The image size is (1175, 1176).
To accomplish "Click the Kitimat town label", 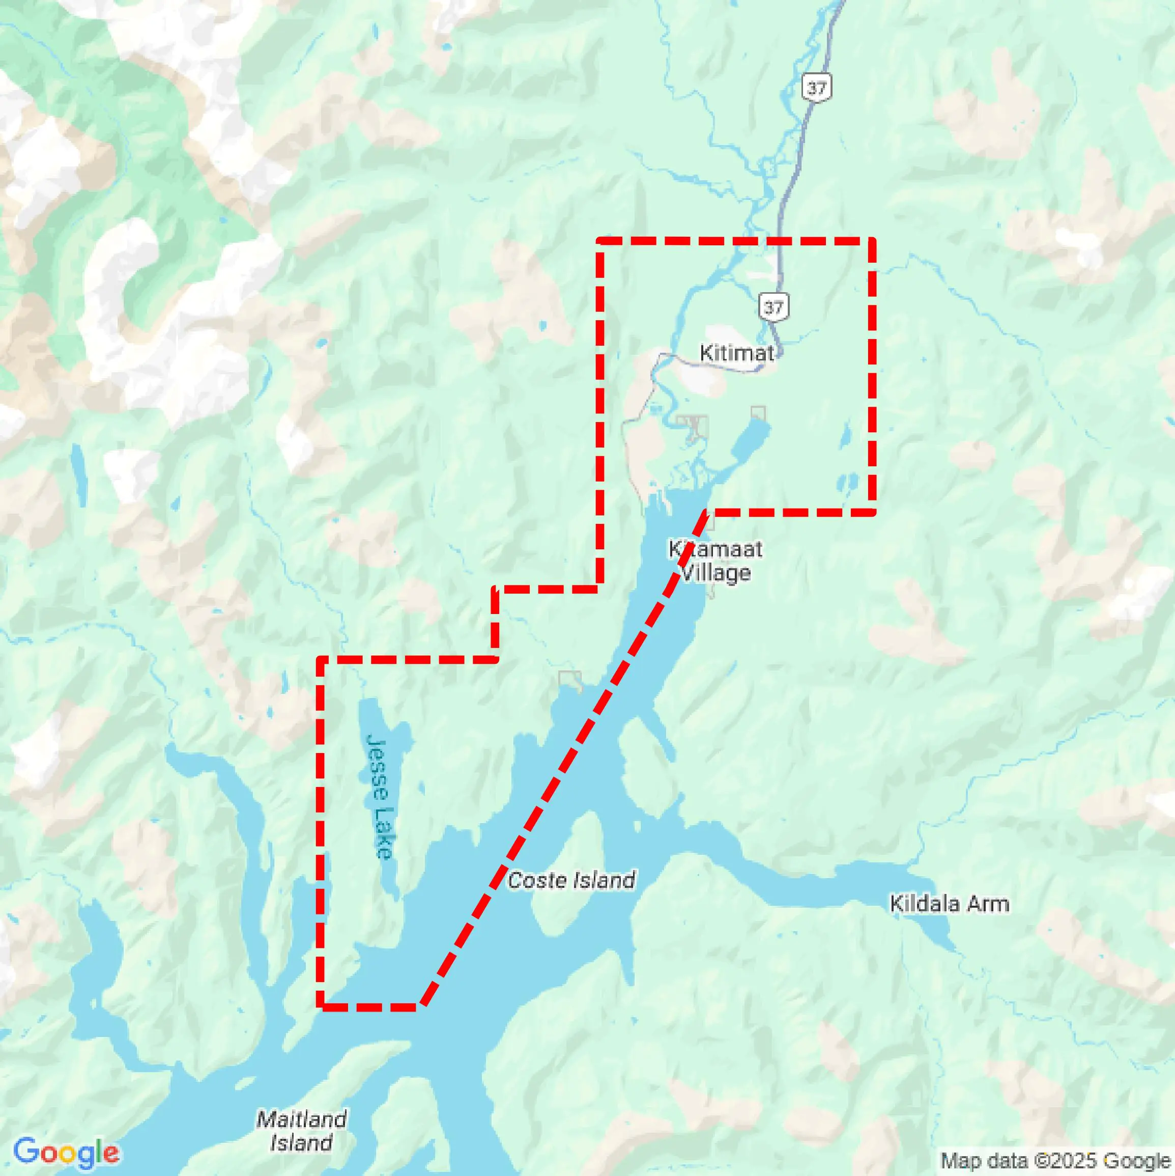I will click(x=737, y=352).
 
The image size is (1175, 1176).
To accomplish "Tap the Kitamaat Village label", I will click(x=715, y=561).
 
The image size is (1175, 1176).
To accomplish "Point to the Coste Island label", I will click(x=571, y=880).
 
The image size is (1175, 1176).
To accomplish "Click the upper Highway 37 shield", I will click(x=816, y=88).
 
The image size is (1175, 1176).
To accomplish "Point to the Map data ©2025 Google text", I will click(x=1056, y=1160).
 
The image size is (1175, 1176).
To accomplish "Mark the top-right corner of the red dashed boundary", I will click(x=872, y=241).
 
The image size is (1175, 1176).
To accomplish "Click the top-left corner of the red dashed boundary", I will click(x=600, y=241).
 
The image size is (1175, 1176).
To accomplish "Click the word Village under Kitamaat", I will click(x=715, y=573).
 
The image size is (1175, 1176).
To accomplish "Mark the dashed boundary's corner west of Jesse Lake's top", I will click(x=320, y=659).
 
